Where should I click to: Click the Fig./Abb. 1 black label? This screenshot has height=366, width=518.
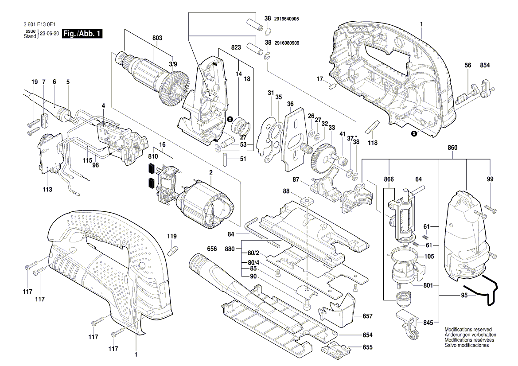click(x=82, y=34)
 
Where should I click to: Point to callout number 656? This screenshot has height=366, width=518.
click(x=212, y=249)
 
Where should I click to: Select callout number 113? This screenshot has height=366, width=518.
click(x=47, y=189)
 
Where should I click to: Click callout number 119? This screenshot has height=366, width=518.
click(x=171, y=237)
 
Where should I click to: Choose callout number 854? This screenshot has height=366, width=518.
click(x=485, y=65)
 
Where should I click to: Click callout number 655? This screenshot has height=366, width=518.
click(x=367, y=348)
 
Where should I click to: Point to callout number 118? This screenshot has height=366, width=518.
click(x=373, y=143)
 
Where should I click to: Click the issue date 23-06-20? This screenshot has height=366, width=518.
click(x=49, y=34)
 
